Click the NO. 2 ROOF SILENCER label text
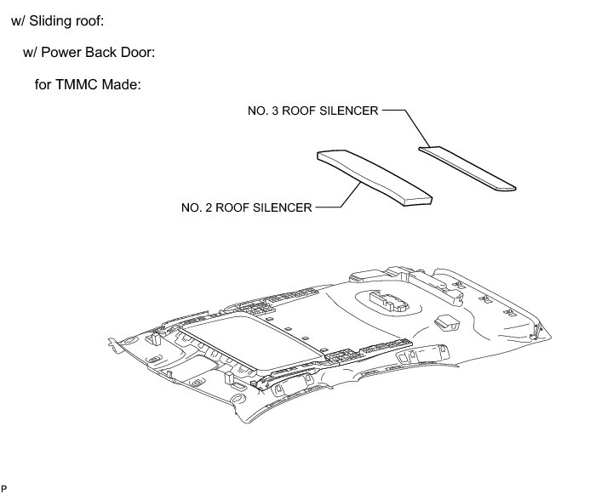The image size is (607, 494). coord(247,207)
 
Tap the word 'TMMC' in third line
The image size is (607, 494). coord(84,85)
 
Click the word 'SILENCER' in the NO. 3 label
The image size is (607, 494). coord(346,110)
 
